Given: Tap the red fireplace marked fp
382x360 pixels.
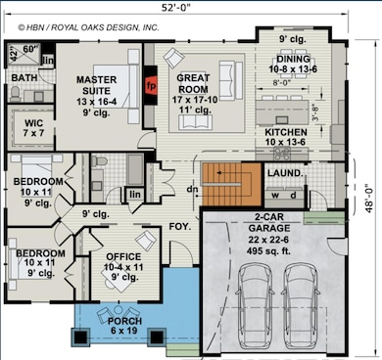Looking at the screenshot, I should pos(151,85).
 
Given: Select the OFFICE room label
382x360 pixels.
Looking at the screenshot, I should pos(122,257).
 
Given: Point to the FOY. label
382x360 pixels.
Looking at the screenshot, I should pos(179,224).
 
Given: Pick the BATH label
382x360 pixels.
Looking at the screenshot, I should pos(24,77).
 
